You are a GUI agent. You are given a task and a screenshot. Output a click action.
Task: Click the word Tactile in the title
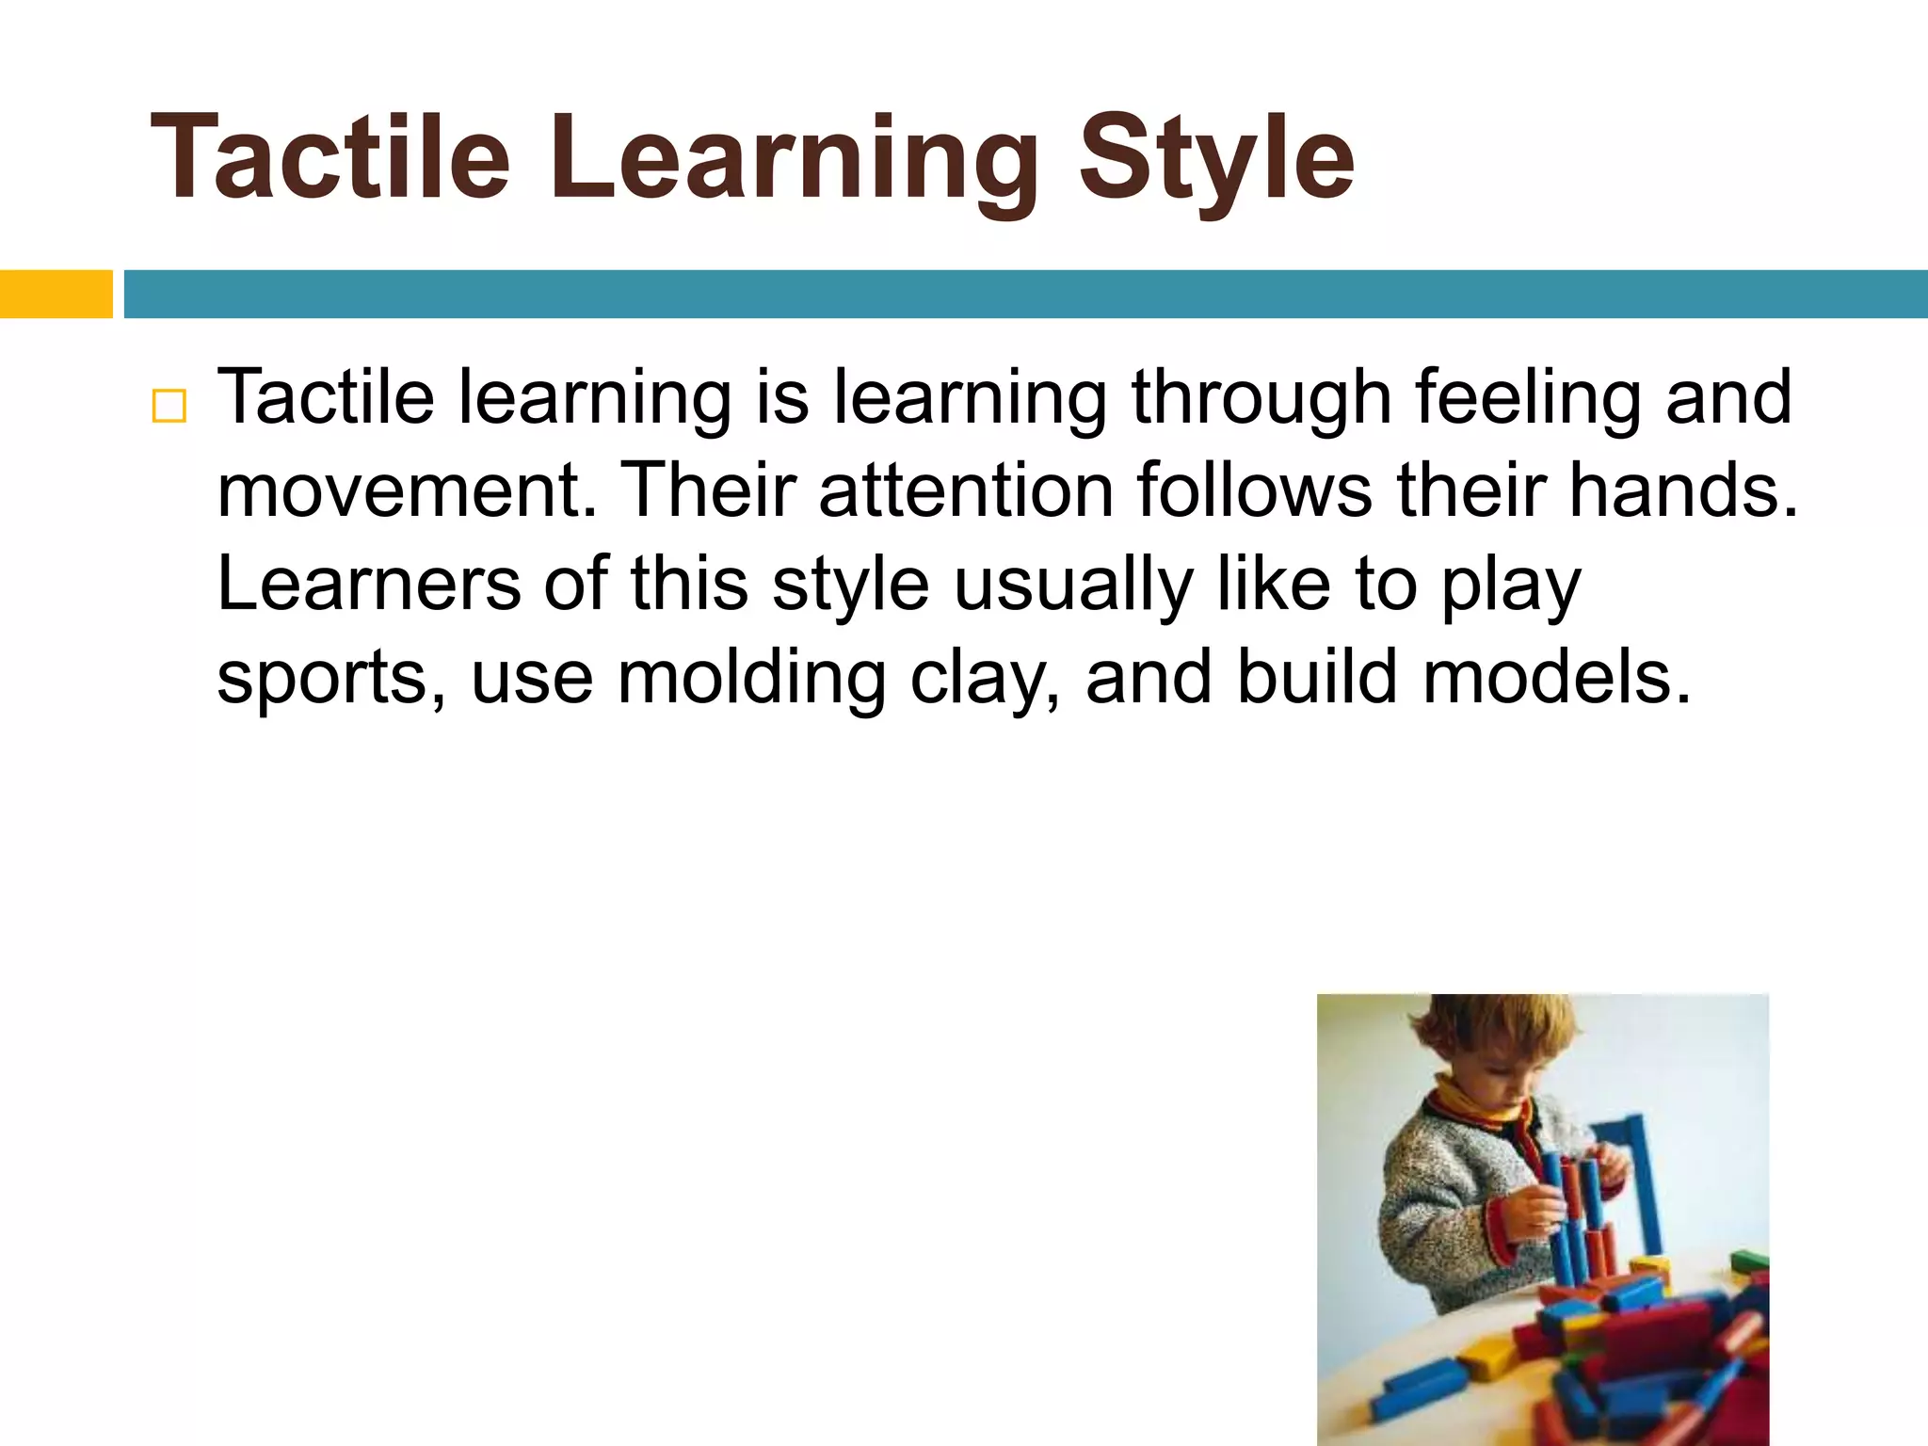pos(329,158)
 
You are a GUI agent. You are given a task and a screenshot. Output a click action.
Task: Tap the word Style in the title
pos(1215,158)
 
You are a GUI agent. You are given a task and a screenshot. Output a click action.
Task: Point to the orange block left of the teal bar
pos(56,294)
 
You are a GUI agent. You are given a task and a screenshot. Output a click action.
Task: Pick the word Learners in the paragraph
pos(368,584)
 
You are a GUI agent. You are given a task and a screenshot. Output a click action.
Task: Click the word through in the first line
pos(1261,398)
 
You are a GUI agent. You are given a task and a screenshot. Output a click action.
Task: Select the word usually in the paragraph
pos(1074,584)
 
